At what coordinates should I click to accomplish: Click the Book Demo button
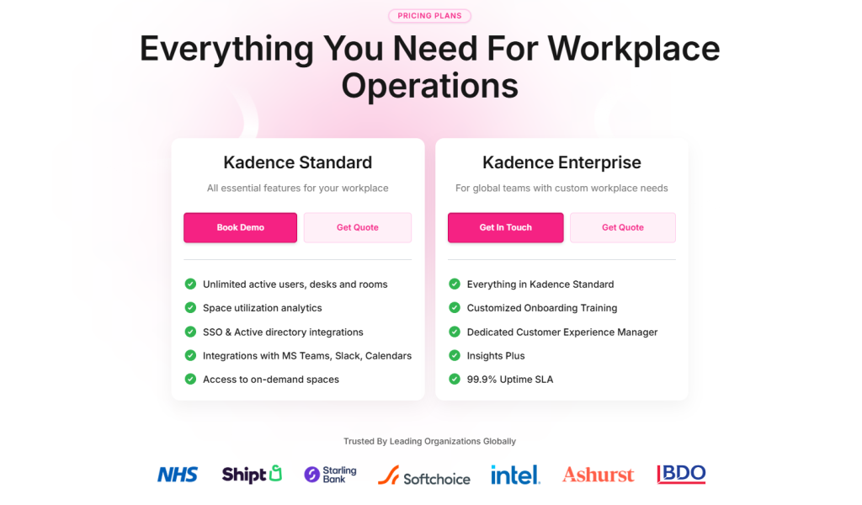tap(240, 227)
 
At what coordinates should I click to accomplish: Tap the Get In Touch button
tap(505, 227)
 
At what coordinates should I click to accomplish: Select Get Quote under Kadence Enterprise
tap(622, 227)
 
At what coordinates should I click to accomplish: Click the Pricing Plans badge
tap(429, 16)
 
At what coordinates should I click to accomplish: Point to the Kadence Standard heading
tap(297, 162)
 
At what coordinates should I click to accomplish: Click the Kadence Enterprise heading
tap(561, 162)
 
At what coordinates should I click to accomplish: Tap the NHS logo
tap(178, 475)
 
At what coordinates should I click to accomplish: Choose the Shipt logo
tap(252, 475)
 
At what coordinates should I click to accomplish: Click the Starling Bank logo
tap(330, 475)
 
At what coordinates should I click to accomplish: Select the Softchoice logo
tap(423, 476)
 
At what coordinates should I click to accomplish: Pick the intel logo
tap(515, 475)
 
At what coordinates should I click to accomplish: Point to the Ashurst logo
tap(598, 475)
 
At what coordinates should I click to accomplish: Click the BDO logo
tap(681, 475)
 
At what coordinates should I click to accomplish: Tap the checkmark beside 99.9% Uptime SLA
tap(455, 379)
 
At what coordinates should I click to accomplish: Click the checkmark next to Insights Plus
tap(455, 355)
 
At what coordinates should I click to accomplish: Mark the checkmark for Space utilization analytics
tap(190, 308)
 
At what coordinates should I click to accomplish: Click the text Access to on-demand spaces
tap(271, 380)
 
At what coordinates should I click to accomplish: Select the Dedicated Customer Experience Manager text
tap(562, 332)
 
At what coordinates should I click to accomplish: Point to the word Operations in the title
tap(429, 86)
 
